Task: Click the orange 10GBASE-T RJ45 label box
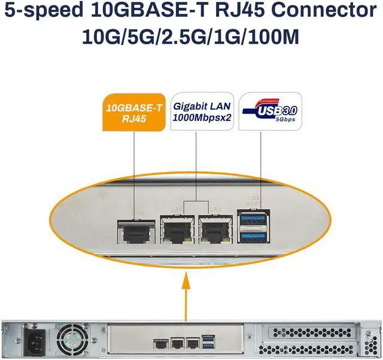coord(133,112)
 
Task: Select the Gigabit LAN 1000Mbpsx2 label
coord(203,111)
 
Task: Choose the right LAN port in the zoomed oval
coord(215,230)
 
